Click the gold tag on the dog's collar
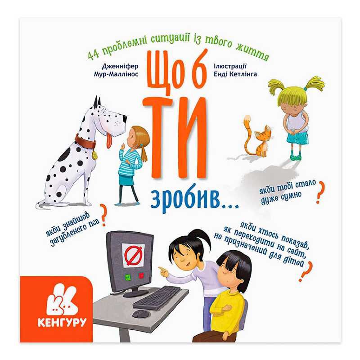94,155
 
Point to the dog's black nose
125,119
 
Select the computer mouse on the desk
140,313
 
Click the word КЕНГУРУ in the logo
62,322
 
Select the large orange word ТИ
175,135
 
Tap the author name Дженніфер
120,67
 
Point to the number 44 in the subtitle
93,55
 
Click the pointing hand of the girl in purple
163,272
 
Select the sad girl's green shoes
296,157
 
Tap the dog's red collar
85,141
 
